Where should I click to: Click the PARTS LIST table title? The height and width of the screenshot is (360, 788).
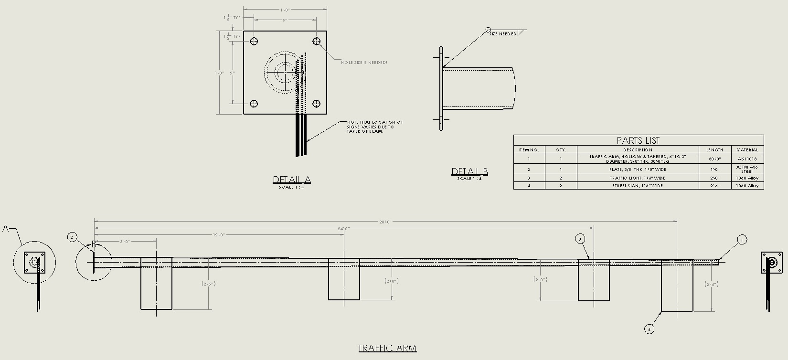pyautogui.click(x=638, y=140)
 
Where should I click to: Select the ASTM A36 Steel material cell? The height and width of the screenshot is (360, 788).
pyautogui.click(x=747, y=169)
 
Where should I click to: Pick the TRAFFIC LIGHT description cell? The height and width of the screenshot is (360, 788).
pyautogui.click(x=638, y=178)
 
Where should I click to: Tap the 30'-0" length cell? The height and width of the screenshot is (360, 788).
pyautogui.click(x=714, y=159)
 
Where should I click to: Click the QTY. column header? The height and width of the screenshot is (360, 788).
pyautogui.click(x=561, y=150)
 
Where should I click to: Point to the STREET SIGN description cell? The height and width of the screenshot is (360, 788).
pyautogui.click(x=638, y=186)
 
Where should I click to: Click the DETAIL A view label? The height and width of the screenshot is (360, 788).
pyautogui.click(x=292, y=180)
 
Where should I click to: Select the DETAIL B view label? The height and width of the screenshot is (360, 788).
pyautogui.click(x=470, y=171)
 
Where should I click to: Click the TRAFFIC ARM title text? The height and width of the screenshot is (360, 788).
pyautogui.click(x=387, y=348)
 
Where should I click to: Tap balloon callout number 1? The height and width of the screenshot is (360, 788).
pyautogui.click(x=742, y=240)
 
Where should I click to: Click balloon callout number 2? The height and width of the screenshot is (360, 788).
pyautogui.click(x=72, y=237)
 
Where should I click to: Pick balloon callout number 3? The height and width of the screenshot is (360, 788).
pyautogui.click(x=580, y=239)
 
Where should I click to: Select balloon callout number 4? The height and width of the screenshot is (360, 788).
pyautogui.click(x=649, y=328)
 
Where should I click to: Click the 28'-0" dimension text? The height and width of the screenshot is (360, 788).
pyautogui.click(x=385, y=222)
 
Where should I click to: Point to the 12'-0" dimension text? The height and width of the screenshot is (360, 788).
pyautogui.click(x=219, y=235)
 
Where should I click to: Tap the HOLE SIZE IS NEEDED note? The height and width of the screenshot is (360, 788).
pyautogui.click(x=364, y=63)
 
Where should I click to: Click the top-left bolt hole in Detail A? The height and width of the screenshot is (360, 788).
pyautogui.click(x=254, y=41)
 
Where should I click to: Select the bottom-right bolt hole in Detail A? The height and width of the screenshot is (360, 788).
pyautogui.click(x=316, y=104)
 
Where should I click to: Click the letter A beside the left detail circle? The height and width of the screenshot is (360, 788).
pyautogui.click(x=6, y=228)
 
